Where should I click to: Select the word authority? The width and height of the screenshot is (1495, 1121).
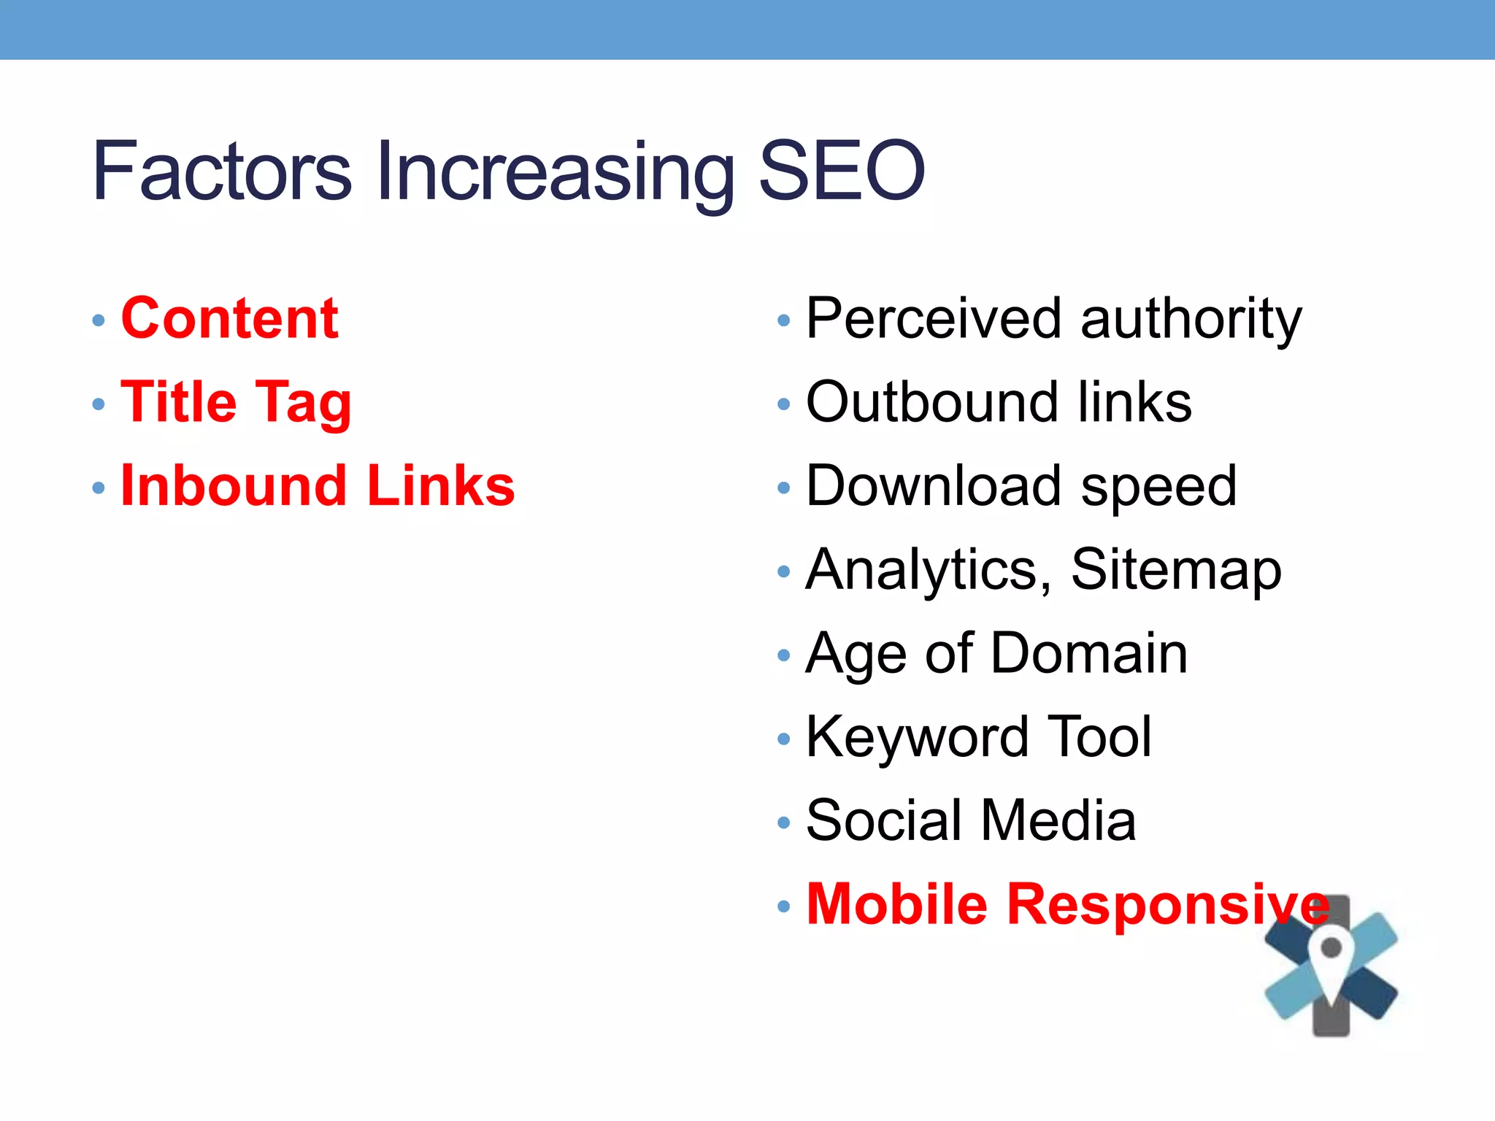(1191, 320)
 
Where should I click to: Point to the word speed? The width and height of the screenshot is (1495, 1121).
(1159, 488)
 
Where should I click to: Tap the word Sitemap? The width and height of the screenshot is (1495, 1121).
(1176, 570)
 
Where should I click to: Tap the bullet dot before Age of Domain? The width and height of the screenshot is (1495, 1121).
(784, 655)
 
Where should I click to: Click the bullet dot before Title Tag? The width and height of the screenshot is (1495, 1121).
(99, 404)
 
